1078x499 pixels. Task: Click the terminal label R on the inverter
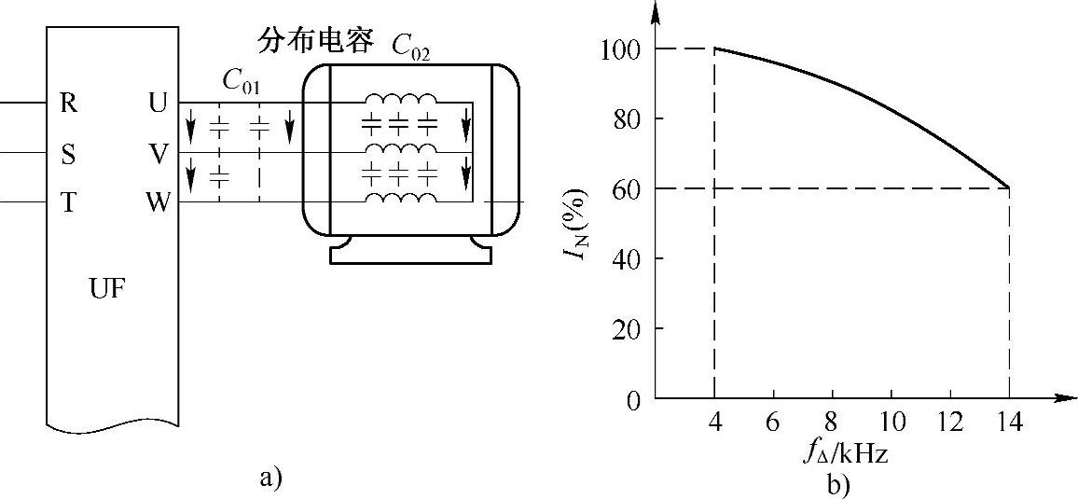68,104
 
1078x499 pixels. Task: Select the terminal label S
68,154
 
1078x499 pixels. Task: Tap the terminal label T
68,203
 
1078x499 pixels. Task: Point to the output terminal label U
158,104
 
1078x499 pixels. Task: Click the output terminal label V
158,154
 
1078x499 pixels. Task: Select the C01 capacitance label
242,81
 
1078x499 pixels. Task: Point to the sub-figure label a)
269,478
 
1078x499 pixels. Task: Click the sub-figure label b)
836,484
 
